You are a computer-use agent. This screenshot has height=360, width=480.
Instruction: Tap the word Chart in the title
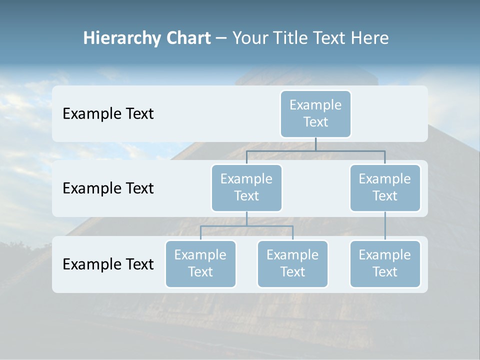(188, 38)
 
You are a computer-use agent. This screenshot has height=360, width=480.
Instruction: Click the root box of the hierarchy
(315, 114)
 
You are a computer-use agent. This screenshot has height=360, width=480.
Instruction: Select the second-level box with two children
(246, 188)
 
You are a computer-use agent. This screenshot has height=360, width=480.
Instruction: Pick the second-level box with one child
(385, 188)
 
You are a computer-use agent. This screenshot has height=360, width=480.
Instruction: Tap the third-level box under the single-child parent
(385, 264)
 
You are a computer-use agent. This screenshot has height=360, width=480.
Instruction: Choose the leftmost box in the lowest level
(200, 264)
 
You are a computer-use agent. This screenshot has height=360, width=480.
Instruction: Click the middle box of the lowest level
(292, 264)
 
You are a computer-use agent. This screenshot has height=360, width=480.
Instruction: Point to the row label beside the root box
(108, 114)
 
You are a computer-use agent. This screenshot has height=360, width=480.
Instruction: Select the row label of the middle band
(108, 188)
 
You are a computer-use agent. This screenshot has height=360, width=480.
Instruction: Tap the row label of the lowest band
(108, 264)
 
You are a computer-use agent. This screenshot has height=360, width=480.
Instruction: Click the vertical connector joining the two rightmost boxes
(385, 226)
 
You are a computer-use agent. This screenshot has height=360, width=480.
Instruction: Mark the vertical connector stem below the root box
(315, 144)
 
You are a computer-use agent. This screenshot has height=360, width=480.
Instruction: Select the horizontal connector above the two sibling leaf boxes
(246, 226)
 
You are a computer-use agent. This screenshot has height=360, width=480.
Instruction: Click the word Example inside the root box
(315, 105)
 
